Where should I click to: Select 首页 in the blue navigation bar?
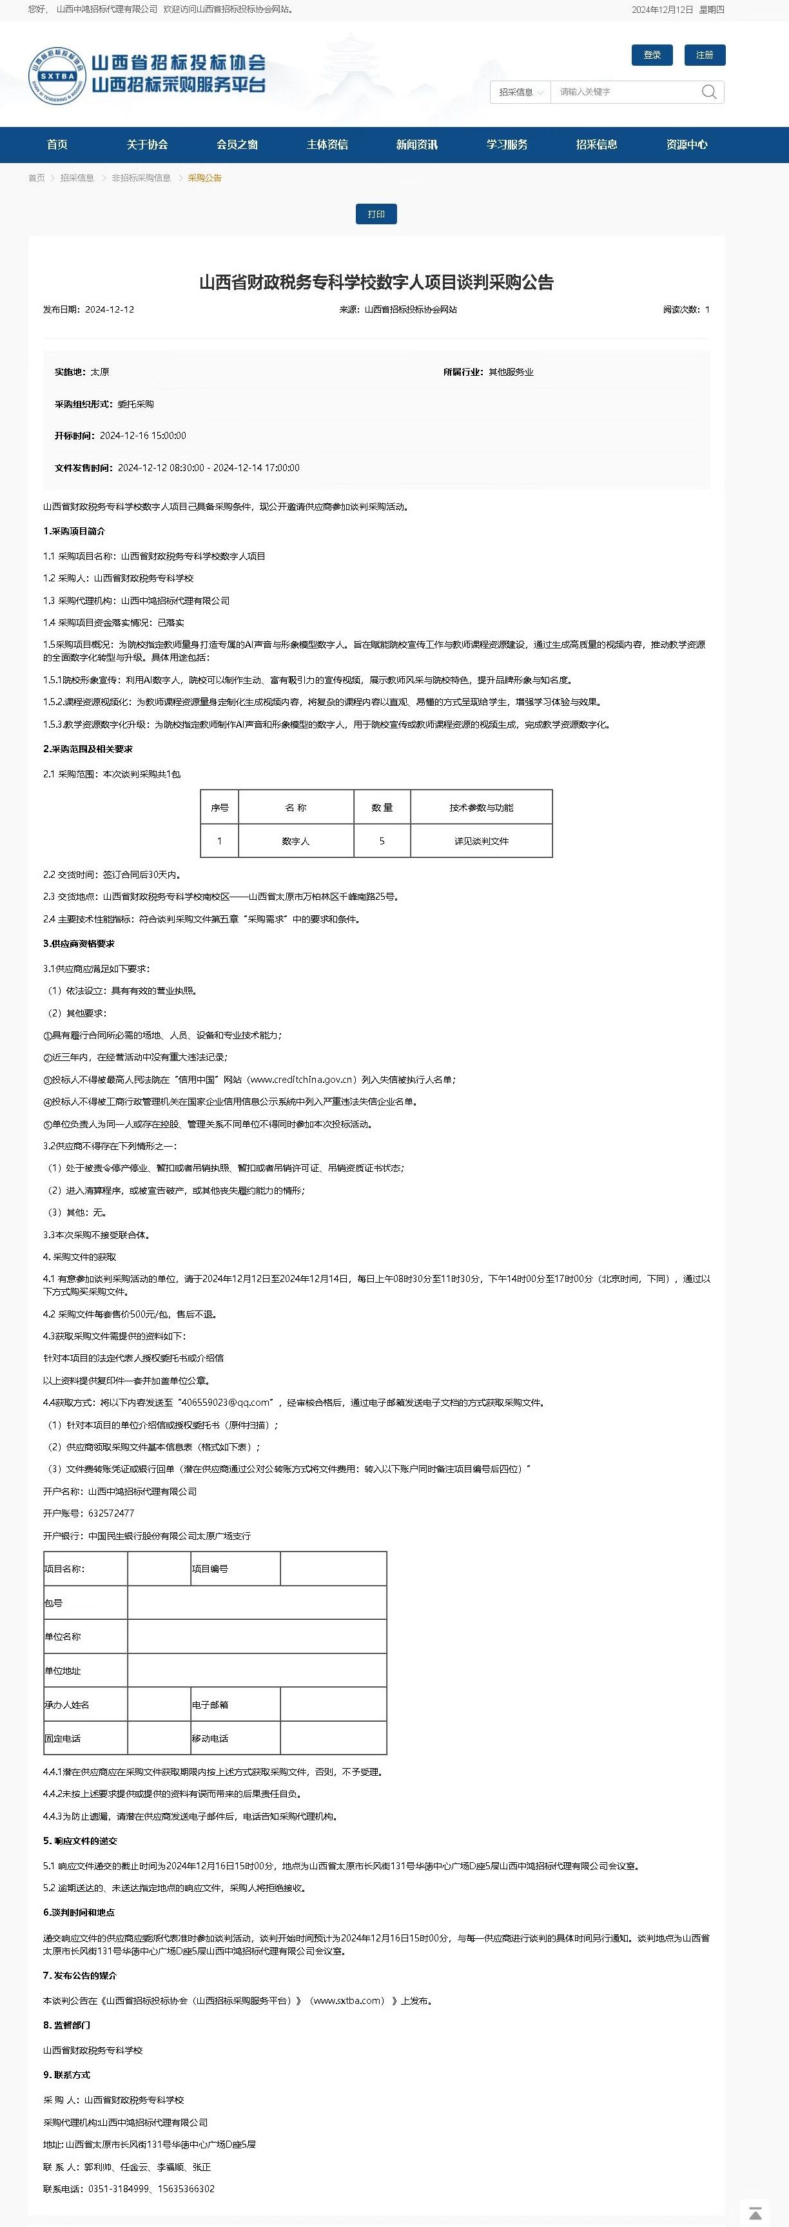click(x=57, y=144)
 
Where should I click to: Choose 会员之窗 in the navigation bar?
click(x=237, y=144)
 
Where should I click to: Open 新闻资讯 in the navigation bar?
click(x=416, y=144)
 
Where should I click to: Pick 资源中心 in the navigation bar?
click(x=686, y=144)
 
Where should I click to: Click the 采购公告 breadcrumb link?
click(x=205, y=178)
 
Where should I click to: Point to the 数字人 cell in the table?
click(x=295, y=841)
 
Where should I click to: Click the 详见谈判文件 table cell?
click(x=482, y=841)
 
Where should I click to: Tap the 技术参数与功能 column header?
click(x=482, y=808)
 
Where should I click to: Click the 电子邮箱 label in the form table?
click(x=210, y=1705)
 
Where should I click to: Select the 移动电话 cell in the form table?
click(x=210, y=1738)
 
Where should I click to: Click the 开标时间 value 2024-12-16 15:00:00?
click(x=142, y=436)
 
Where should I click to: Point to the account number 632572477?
click(x=111, y=1513)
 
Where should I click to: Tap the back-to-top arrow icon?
click(x=754, y=2212)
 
